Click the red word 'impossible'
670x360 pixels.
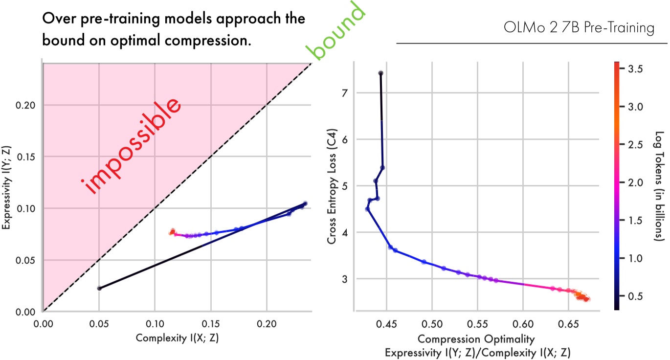pos(133,146)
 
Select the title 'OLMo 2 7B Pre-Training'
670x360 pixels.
pos(579,28)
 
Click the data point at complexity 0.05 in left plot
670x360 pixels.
pos(99,288)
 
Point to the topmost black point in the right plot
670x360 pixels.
pos(380,73)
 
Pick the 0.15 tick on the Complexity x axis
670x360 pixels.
pos(211,323)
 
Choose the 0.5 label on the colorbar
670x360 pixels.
pos(635,296)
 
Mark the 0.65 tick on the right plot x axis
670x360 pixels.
pos(569,323)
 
